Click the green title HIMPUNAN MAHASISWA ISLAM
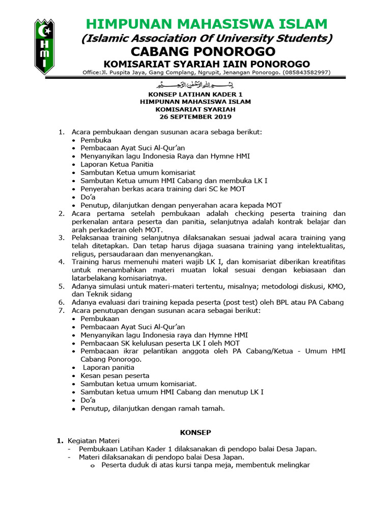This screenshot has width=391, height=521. pyautogui.click(x=207, y=24)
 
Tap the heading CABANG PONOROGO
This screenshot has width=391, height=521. pyautogui.click(x=203, y=51)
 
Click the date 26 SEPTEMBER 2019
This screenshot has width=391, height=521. pyautogui.click(x=195, y=117)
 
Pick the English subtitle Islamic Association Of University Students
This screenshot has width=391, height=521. pyautogui.click(x=207, y=38)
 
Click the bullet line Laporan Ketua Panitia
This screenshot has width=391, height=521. pyautogui.click(x=117, y=164)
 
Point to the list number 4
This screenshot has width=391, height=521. pyautogui.click(x=61, y=262)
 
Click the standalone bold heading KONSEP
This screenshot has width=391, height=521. pyautogui.click(x=196, y=432)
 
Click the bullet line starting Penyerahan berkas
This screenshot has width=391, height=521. pyautogui.click(x=163, y=189)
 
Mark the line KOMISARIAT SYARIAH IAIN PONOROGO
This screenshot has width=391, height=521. pyautogui.click(x=207, y=64)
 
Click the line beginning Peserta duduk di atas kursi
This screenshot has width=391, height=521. pyautogui.click(x=206, y=465)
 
